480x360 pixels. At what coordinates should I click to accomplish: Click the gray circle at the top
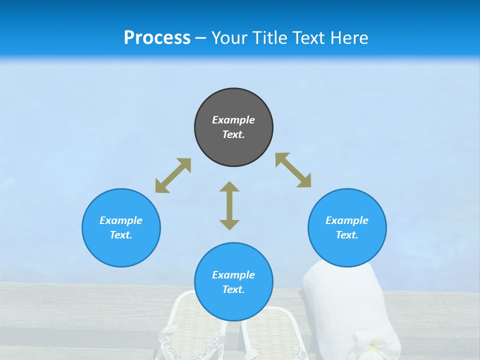[x=233, y=127]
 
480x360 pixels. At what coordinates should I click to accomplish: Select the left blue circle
[x=121, y=227]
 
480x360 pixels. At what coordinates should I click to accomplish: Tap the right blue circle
[x=347, y=227]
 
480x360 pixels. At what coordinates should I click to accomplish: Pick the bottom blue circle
[x=233, y=282]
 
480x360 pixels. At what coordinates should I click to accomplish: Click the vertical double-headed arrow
[x=229, y=205]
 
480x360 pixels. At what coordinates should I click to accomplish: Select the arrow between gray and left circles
[x=173, y=175]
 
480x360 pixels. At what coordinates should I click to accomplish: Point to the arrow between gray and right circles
[x=293, y=170]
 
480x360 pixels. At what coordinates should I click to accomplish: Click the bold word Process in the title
[x=157, y=37]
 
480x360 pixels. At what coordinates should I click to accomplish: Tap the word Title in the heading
[x=270, y=37]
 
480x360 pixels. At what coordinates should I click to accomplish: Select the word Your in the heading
[x=229, y=37]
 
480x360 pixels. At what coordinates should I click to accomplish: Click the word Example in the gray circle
[x=233, y=120]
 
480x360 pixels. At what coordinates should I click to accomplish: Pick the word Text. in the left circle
[x=121, y=235]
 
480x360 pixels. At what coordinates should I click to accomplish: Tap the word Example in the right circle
[x=347, y=220]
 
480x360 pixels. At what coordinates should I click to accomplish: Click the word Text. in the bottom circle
[x=233, y=289]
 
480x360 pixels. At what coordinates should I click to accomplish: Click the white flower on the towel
[x=373, y=347]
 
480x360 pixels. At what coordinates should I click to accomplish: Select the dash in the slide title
[x=200, y=38]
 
